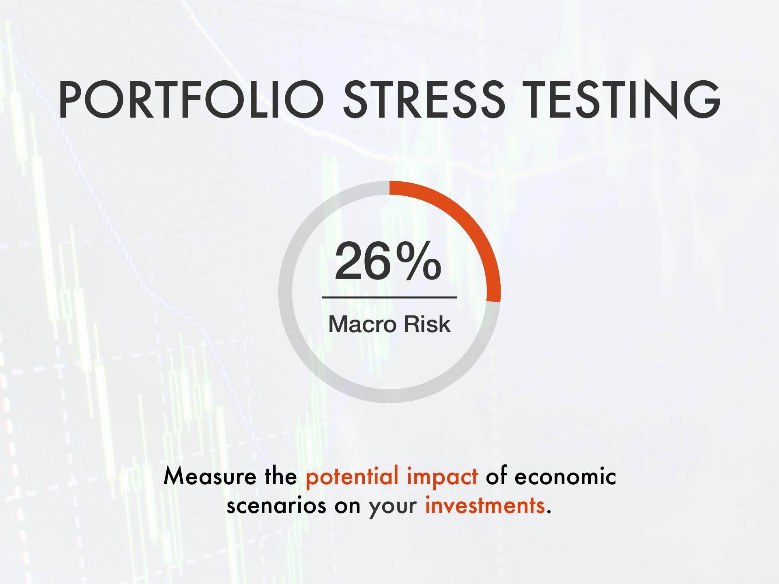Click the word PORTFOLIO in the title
(x=191, y=99)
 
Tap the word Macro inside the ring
(x=357, y=324)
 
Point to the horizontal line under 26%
(x=389, y=297)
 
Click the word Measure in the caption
(x=210, y=476)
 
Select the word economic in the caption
(x=566, y=476)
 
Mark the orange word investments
(x=485, y=505)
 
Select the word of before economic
(x=496, y=476)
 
